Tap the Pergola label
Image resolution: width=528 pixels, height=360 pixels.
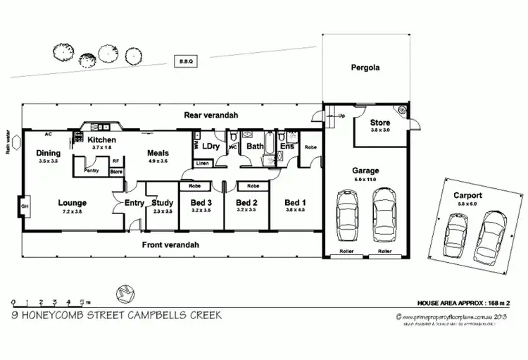(x=365, y=68)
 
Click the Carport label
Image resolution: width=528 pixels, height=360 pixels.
(x=467, y=194)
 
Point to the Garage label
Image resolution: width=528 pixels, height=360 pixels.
(x=365, y=170)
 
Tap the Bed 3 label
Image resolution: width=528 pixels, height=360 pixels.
(x=201, y=203)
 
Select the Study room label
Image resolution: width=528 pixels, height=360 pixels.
(x=163, y=203)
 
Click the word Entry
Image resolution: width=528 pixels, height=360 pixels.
(x=134, y=203)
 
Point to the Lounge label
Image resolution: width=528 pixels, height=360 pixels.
(x=73, y=203)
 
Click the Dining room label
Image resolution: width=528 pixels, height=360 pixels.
(x=49, y=153)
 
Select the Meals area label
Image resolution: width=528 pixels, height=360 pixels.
(x=158, y=153)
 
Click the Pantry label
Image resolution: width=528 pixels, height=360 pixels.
(x=91, y=170)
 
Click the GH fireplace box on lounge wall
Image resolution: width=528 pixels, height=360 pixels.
(x=25, y=206)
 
